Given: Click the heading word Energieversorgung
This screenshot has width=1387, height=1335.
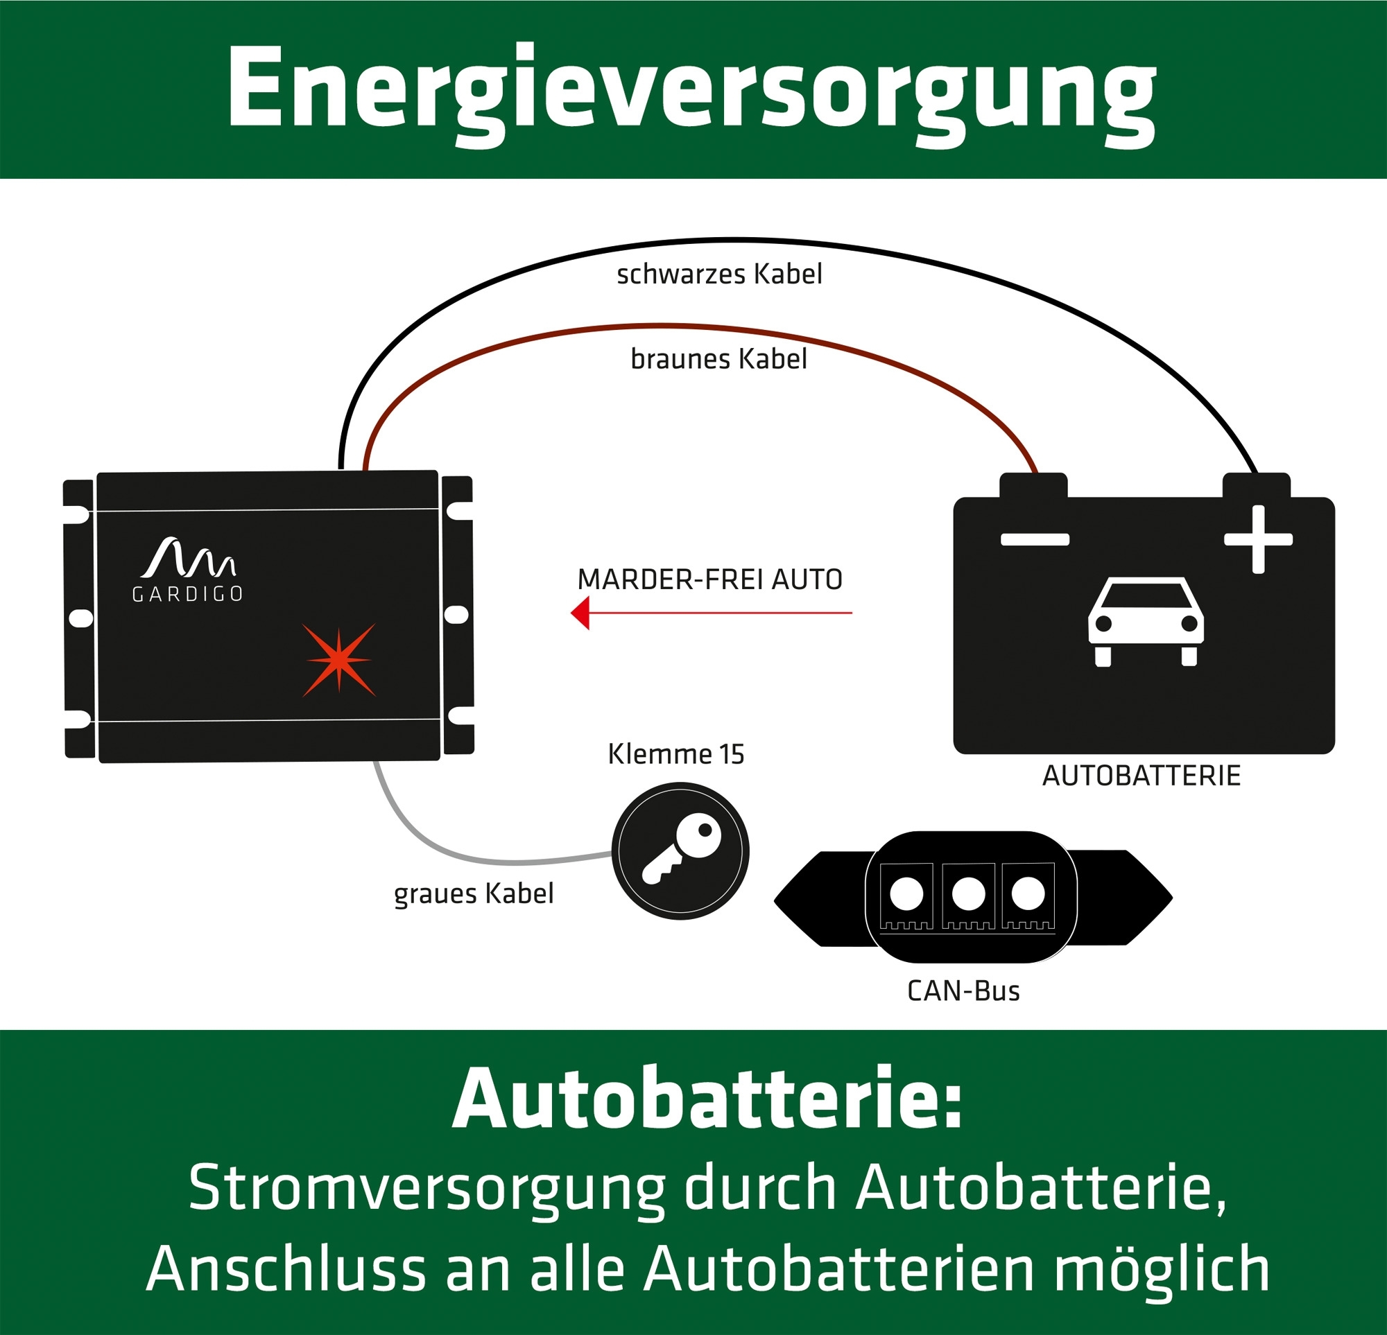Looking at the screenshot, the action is pyautogui.click(x=691, y=96).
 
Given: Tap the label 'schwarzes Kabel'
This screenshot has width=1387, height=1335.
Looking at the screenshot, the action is pyautogui.click(x=719, y=274).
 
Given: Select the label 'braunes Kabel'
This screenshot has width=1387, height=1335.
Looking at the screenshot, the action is pyautogui.click(x=718, y=359).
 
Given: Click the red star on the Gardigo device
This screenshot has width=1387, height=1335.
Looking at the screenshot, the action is pyautogui.click(x=339, y=660).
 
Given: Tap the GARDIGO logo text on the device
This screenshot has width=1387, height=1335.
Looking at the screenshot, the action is pyautogui.click(x=187, y=594).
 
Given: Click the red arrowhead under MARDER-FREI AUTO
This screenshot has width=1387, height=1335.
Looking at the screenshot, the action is pyautogui.click(x=580, y=613).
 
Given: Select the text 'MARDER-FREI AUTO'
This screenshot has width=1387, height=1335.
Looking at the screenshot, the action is pyautogui.click(x=709, y=579).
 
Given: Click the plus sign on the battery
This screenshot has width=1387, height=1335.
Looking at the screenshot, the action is pyautogui.click(x=1258, y=539).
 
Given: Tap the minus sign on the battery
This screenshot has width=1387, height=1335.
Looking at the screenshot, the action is pyautogui.click(x=1035, y=540).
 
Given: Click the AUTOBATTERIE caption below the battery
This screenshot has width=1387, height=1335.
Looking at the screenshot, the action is pyautogui.click(x=1142, y=776).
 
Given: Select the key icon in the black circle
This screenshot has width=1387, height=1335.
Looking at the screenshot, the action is pyautogui.click(x=681, y=850).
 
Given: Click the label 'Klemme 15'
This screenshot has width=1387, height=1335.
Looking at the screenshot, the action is pyautogui.click(x=675, y=754).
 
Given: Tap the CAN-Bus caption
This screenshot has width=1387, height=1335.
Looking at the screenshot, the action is pyautogui.click(x=963, y=991).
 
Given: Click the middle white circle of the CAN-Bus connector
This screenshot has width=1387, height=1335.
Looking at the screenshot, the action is pyautogui.click(x=969, y=894).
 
